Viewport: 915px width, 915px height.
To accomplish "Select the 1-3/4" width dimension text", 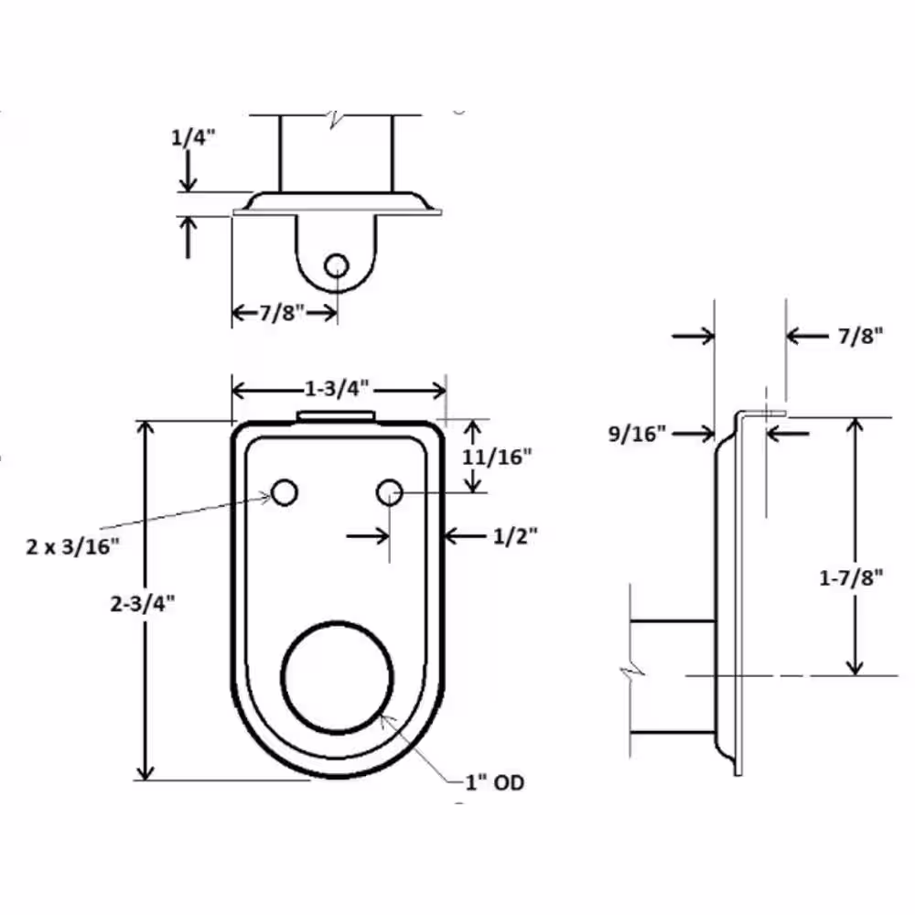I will [338, 389].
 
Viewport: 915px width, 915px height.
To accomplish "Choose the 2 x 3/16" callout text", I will [72, 547].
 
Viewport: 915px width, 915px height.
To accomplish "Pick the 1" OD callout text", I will [494, 783].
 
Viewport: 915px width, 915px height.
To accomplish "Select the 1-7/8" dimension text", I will [850, 577].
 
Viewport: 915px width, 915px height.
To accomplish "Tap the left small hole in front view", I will [285, 493].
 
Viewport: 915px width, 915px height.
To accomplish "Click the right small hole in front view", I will [390, 493].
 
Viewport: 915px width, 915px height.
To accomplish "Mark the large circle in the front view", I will [338, 677].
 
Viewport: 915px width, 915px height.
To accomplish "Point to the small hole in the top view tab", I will [337, 265].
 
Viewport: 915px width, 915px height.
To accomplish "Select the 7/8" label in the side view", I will [859, 337].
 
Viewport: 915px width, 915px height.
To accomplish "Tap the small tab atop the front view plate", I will [336, 416].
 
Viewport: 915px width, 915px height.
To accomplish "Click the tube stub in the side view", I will [671, 676].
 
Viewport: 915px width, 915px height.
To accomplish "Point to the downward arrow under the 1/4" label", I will [188, 171].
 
